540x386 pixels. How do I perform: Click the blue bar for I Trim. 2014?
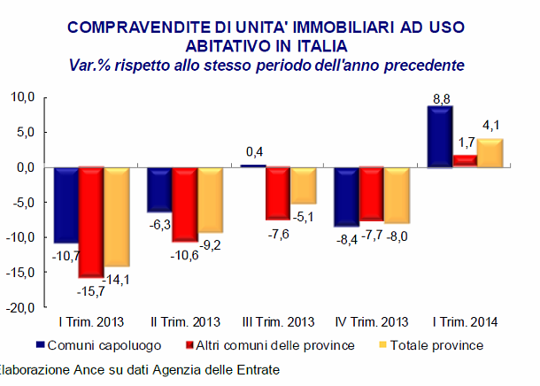[439, 136]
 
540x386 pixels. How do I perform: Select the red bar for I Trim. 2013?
[90, 221]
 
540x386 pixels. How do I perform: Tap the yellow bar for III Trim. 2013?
[303, 185]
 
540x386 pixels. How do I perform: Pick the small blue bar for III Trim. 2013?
[252, 166]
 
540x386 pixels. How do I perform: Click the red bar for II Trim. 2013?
[184, 204]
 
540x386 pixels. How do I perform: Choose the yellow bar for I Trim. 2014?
[489, 152]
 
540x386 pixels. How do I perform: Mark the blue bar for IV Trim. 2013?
[346, 197]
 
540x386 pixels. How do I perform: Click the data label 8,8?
[439, 97]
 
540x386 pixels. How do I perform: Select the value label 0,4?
[253, 151]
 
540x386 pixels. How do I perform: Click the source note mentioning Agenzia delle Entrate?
[142, 368]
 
